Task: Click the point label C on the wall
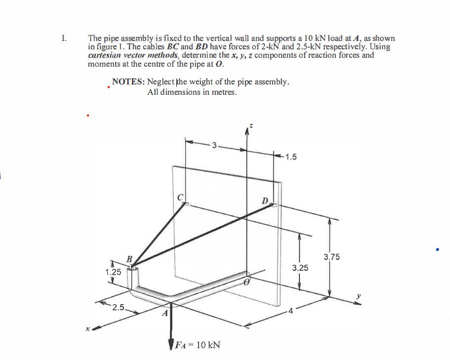pos(181,197)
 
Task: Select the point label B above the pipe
pos(129,259)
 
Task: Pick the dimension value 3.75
pos(331,257)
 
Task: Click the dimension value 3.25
pos(300,268)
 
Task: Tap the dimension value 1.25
pos(113,272)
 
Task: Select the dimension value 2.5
pos(118,308)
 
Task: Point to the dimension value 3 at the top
pos(213,145)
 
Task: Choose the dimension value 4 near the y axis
pos(291,311)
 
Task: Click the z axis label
pos(250,127)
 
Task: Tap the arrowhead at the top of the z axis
pos(247,130)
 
